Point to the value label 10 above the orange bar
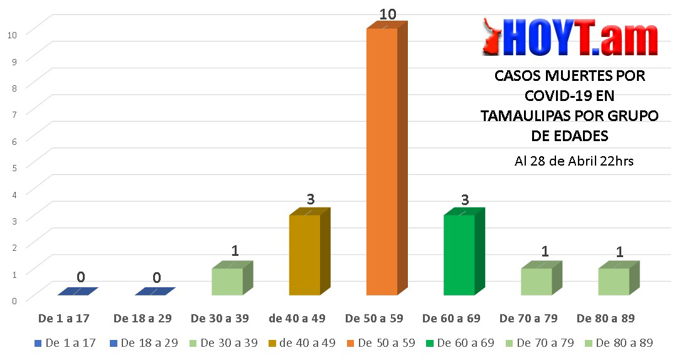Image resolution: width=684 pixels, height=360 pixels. pos(388,14)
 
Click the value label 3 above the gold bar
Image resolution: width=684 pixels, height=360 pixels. pos(310,199)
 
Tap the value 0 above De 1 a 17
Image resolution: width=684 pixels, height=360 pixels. pos(81,277)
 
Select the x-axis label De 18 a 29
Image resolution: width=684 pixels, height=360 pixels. pos(142,319)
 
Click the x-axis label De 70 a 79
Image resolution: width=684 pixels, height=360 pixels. pos(528,319)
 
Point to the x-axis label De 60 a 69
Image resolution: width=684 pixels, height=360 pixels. pos(451,319)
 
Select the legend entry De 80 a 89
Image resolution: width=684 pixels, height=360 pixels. pos(619,343)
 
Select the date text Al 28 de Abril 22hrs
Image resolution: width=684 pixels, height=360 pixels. pos(574,161)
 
